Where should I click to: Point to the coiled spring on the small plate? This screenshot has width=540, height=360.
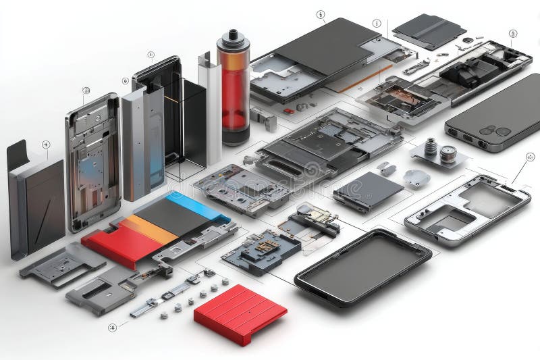pos(430,147)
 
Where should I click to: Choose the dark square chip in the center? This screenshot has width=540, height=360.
pos(368,190)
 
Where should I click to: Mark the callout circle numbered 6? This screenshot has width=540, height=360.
pos(320,14)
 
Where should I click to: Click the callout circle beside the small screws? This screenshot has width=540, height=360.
pos(112,328)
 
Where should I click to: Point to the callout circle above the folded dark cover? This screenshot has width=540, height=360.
pos(45,144)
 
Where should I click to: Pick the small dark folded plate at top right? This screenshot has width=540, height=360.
pos(429,30)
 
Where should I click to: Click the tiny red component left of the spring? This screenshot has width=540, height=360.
pos(289,111)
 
